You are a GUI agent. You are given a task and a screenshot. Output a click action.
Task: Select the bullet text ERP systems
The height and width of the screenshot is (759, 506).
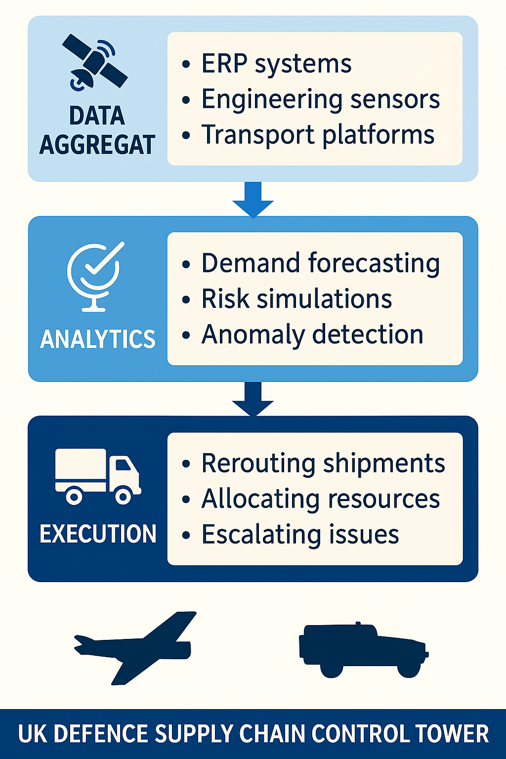coord(276,64)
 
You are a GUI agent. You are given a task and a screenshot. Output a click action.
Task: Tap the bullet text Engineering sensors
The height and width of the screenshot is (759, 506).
coord(320,99)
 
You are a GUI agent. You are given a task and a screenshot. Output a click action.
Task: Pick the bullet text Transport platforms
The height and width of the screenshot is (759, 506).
coord(318,135)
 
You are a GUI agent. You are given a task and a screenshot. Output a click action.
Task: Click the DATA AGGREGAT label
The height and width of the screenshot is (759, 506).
coord(97,130)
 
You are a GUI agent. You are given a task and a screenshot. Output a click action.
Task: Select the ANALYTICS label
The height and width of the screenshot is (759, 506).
coord(98,339)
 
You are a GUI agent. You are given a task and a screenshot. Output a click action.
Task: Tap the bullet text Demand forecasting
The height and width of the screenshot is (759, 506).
coord(320,263)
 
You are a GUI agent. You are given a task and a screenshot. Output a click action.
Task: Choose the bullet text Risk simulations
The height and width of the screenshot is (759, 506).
coord(296,299)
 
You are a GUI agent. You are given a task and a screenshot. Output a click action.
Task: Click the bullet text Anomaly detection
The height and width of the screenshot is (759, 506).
coord(312,335)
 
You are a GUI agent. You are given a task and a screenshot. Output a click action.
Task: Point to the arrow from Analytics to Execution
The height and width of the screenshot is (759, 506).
coord(253,398)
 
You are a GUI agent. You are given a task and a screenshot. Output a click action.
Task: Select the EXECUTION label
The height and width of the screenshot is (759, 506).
coord(98,534)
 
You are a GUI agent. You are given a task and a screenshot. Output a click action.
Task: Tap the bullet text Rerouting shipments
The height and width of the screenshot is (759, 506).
coord(323,464)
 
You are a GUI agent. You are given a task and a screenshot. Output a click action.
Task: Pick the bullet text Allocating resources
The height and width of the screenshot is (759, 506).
coord(320,499)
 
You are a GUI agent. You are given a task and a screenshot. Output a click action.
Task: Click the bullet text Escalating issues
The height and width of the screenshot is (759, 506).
coord(300,535)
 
